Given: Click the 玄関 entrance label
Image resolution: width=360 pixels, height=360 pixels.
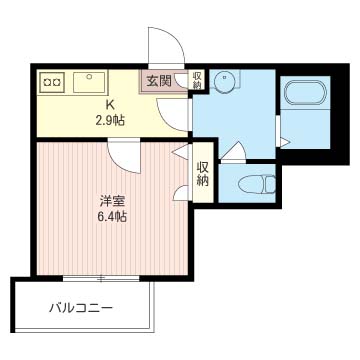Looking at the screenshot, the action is point(159,81).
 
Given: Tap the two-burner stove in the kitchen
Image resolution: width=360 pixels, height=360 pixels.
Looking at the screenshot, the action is point(52,82).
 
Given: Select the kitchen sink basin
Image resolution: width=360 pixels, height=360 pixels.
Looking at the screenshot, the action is point(89,82).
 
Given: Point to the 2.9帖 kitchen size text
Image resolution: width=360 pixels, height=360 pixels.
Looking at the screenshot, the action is point(110,120).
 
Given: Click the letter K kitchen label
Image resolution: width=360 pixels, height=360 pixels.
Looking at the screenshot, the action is point(110,105).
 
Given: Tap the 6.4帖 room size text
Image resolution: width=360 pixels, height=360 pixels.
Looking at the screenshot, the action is point(112,218).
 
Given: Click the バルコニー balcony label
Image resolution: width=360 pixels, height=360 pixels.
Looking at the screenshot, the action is point(81,307).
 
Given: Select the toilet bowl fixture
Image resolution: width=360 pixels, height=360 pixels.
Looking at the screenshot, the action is point(257,184).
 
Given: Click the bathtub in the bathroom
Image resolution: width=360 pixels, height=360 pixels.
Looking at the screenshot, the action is point(305,92).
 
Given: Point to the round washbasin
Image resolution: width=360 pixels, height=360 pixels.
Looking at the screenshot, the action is point(225,79).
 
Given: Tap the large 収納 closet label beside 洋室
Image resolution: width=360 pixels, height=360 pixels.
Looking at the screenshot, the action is point(203,174).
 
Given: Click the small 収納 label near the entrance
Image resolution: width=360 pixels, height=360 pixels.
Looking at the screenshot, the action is point(197,79).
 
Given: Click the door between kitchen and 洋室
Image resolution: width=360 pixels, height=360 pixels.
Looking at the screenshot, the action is point(124,156).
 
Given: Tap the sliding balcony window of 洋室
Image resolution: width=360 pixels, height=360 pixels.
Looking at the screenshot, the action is point(101,278).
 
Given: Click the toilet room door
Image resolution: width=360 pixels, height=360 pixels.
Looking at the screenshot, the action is point(234,152).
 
